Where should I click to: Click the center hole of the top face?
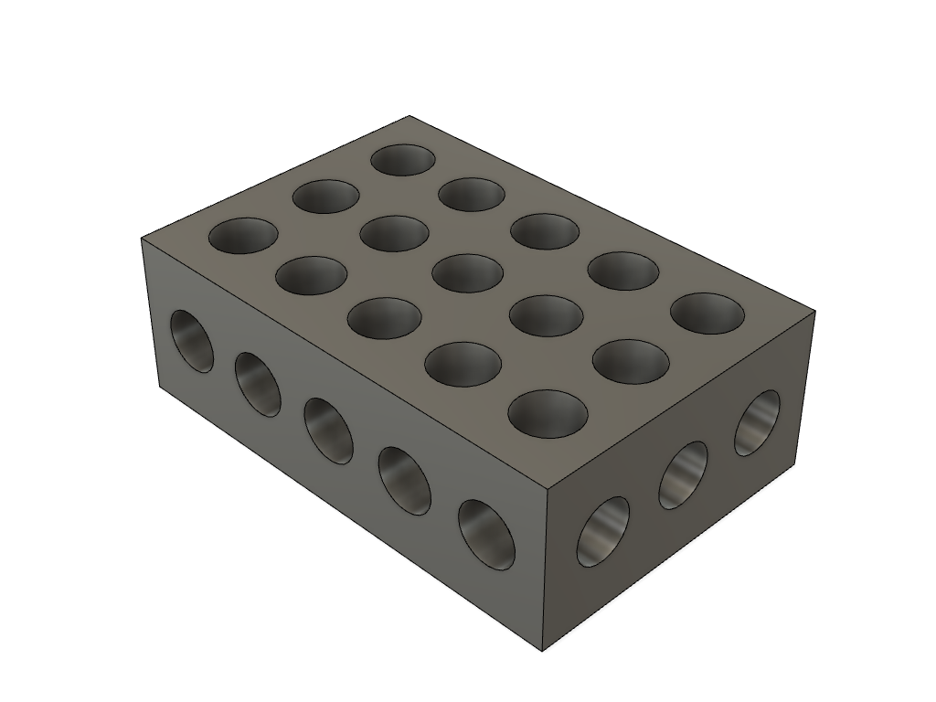click(467, 273)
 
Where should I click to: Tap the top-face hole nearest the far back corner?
click(403, 160)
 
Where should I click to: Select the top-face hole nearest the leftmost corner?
click(243, 236)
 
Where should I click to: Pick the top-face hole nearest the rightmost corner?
click(707, 314)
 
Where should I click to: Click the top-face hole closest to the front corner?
click(548, 413)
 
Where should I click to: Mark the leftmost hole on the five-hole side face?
click(192, 341)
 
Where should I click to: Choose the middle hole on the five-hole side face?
click(329, 430)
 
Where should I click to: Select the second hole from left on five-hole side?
click(258, 384)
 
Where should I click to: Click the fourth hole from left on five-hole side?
click(404, 479)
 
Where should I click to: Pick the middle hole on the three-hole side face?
click(684, 474)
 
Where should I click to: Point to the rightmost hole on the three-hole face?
click(758, 422)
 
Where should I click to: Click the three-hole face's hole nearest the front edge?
click(603, 531)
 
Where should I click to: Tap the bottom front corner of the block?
click(543, 651)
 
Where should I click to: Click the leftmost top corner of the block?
click(142, 239)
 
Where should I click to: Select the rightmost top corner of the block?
click(814, 312)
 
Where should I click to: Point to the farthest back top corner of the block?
click(409, 116)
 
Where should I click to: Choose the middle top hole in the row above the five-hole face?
click(385, 318)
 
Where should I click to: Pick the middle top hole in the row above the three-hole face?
click(631, 362)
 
